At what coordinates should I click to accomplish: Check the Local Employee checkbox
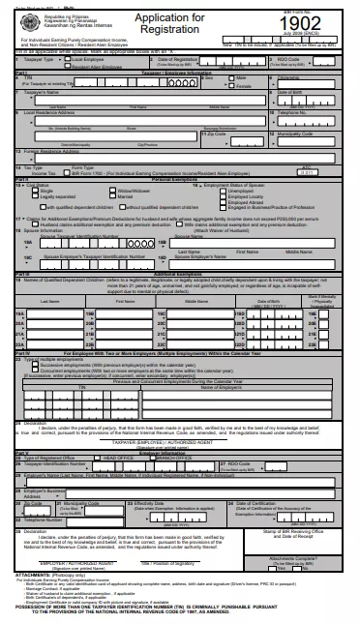click(x=67, y=59)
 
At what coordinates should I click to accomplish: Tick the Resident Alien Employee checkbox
click(x=67, y=67)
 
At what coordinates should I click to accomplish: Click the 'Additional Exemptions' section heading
click(x=181, y=275)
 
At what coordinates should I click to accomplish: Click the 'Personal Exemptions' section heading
click(x=181, y=180)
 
